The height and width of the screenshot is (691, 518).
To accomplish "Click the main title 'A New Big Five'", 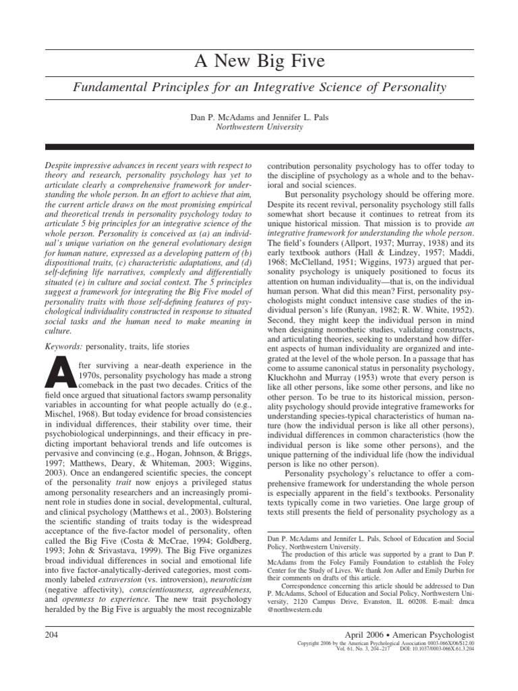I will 259,62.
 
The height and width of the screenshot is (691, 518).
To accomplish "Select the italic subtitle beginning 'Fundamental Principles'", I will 259,87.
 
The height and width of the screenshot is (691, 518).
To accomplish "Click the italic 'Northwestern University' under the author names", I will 259,127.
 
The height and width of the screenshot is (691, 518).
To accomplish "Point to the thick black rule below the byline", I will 259,146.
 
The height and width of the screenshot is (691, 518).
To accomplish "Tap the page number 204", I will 52,635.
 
